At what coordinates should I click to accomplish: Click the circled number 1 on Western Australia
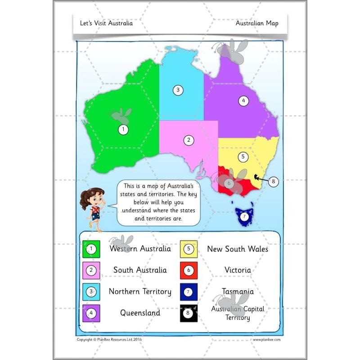(123, 130)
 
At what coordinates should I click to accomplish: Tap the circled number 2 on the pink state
(189, 140)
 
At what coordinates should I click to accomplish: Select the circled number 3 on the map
(178, 90)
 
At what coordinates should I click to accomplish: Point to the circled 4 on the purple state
(243, 101)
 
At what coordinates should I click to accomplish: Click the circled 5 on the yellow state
(243, 157)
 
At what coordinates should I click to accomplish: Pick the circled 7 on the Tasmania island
(244, 217)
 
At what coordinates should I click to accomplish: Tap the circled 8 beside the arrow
(274, 182)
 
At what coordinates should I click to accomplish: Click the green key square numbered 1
(91, 249)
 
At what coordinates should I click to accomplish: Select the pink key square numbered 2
(91, 270)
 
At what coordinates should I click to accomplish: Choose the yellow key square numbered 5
(189, 249)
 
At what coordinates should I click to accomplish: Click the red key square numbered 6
(189, 270)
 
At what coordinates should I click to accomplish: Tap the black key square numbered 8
(189, 313)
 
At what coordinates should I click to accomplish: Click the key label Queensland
(140, 313)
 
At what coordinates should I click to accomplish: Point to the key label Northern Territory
(140, 292)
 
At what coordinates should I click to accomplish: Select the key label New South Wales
(238, 249)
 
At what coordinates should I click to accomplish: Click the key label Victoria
(238, 270)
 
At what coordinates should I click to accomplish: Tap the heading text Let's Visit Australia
(106, 23)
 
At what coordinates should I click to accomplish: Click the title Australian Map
(257, 23)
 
